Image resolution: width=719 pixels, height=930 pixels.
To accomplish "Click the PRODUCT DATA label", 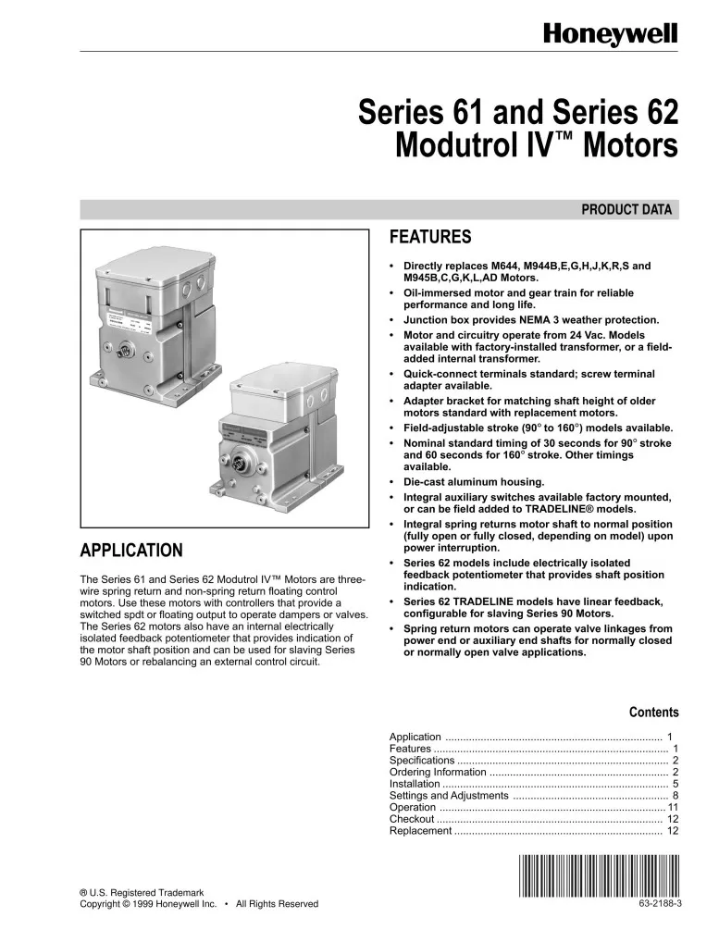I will (629, 210).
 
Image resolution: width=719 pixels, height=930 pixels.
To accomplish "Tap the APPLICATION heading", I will (130, 552).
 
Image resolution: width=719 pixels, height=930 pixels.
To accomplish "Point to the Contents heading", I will (653, 713).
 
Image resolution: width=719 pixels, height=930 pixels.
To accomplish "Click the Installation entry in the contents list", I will (415, 783).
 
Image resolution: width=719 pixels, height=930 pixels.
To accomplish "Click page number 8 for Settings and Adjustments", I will (676, 795).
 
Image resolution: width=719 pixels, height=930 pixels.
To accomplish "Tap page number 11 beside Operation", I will (674, 807).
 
